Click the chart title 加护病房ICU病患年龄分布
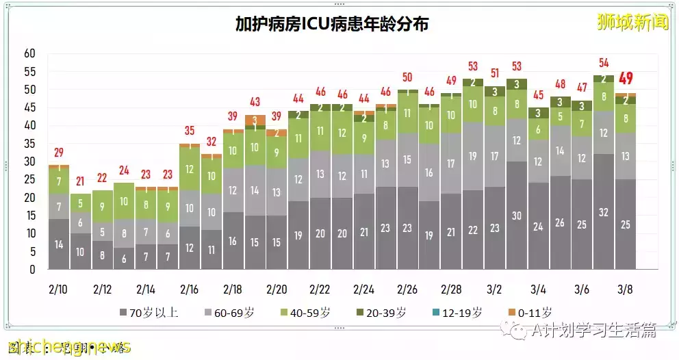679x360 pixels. [x=332, y=24]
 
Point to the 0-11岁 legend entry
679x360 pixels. [x=529, y=313]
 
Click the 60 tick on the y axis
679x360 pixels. [x=29, y=53]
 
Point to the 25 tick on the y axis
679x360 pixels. [x=29, y=179]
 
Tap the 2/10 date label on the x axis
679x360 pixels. [x=57, y=289]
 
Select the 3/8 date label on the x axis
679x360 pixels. [x=624, y=289]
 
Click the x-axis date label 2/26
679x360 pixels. [x=408, y=289]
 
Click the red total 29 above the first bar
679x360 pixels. [x=58, y=152]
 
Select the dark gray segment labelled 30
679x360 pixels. [x=517, y=216]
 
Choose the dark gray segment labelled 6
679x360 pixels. [x=124, y=259]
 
